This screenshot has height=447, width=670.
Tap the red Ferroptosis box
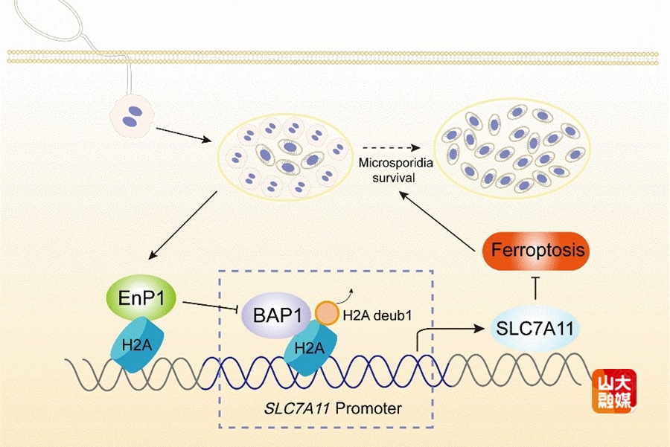535,251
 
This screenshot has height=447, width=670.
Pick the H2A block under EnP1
134,343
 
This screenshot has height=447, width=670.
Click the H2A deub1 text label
377,315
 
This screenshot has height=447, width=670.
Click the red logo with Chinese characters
614,391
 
